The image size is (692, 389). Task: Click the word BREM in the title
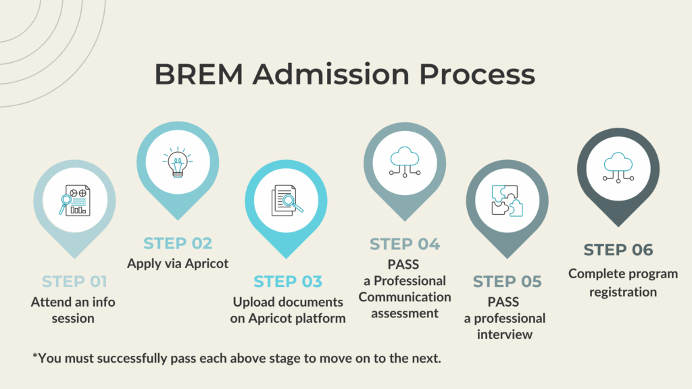pos(199,74)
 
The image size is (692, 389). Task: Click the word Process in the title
pos(477,74)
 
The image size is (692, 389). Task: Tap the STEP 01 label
pos(74,282)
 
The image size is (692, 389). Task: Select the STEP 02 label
pos(178,243)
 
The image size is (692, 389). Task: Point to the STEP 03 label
pos(288,282)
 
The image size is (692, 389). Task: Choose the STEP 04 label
pos(405,244)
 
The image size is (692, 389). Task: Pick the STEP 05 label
pos(507,282)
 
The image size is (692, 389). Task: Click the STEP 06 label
pos(618,250)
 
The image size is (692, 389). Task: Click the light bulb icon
pos(178,162)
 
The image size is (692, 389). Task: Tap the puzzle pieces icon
pos(508,201)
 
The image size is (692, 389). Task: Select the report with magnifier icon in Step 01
pos(74,200)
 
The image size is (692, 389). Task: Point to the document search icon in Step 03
pos(287,201)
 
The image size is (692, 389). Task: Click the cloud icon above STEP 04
pos(405,162)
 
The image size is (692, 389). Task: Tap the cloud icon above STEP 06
pos(618,167)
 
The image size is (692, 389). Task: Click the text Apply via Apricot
pos(178,264)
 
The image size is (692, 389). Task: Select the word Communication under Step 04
pos(405,297)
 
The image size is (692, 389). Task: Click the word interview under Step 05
pos(504,334)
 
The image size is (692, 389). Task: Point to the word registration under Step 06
pos(623,292)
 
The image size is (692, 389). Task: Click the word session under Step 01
pos(73,319)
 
